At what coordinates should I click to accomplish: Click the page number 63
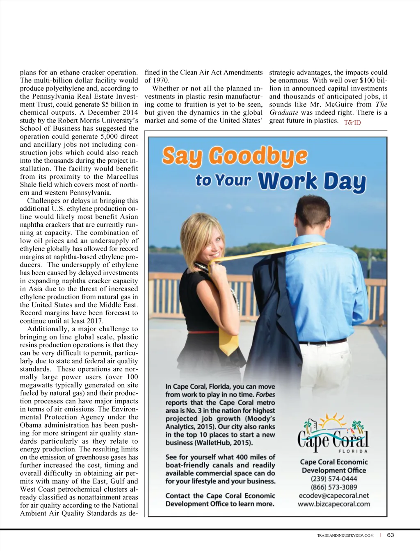click(x=390, y=535)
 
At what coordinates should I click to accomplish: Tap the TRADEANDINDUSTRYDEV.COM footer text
click(x=345, y=535)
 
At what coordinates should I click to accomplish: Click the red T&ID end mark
click(x=352, y=122)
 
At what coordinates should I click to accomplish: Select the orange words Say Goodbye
click(x=235, y=157)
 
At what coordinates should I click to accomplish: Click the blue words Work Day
click(x=312, y=182)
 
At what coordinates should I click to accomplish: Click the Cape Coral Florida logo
click(x=333, y=435)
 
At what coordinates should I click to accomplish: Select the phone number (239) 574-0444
click(x=333, y=479)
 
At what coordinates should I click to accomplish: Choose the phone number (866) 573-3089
click(x=333, y=487)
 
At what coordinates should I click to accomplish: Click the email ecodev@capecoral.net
click(x=333, y=496)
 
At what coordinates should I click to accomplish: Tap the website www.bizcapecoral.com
click(x=333, y=504)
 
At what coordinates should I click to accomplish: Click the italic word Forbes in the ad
click(x=265, y=395)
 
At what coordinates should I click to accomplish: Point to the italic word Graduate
click(x=283, y=112)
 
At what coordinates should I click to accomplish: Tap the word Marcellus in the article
click(x=122, y=177)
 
